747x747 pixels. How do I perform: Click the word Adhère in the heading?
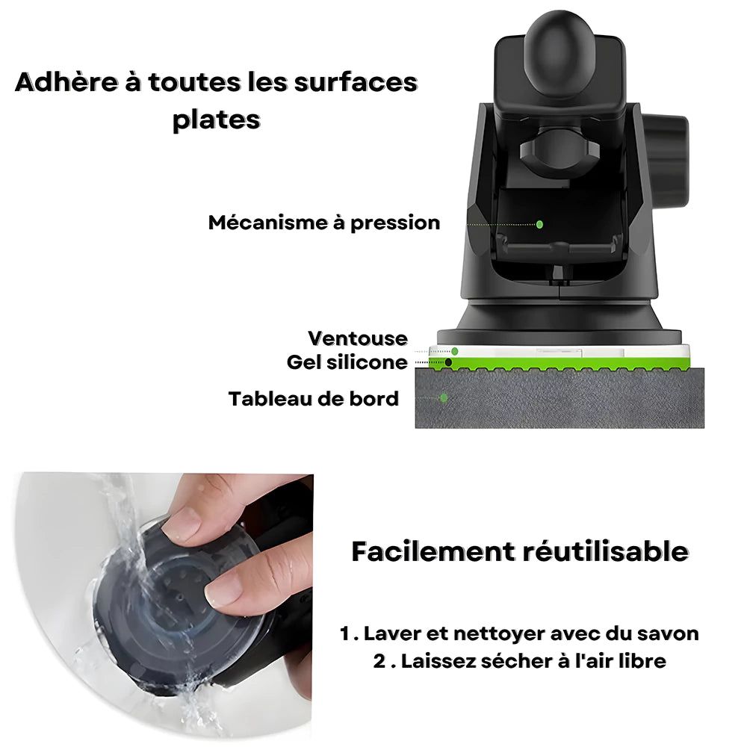click(x=66, y=82)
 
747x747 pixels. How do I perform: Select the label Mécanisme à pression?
click(x=324, y=223)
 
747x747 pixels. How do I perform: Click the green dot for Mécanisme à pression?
click(x=539, y=224)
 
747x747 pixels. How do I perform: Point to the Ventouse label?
click(x=358, y=338)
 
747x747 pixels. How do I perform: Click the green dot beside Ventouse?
click(x=454, y=351)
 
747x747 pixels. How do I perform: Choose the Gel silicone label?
click(x=347, y=362)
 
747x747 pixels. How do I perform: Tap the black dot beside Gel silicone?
click(x=448, y=362)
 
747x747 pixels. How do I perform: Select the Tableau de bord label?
click(x=314, y=399)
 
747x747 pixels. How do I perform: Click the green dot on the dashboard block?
click(x=444, y=397)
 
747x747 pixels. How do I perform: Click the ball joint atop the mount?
click(x=560, y=50)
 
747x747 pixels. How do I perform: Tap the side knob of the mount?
click(x=666, y=160)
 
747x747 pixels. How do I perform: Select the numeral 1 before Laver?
click(x=345, y=633)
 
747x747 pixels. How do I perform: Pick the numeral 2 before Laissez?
click(x=379, y=661)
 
